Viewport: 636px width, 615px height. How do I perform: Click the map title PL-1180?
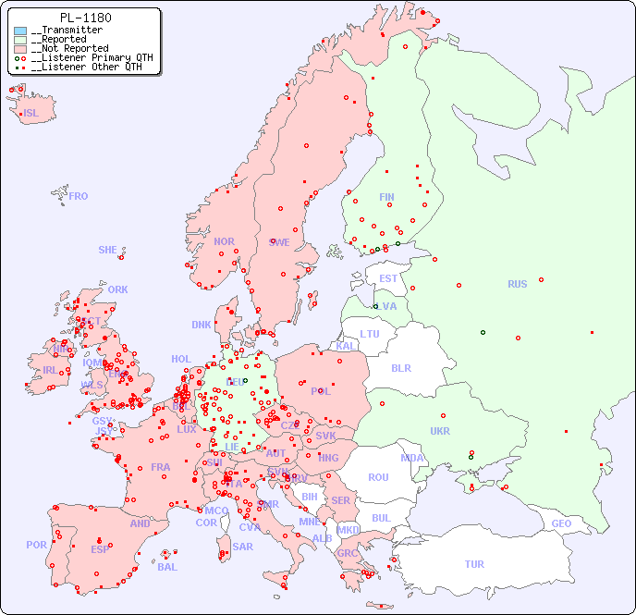[x=85, y=18]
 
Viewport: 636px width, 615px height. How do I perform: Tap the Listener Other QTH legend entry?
[x=86, y=67]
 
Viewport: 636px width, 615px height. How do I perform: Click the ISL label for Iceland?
[x=31, y=114]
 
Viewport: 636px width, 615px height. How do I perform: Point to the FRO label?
[x=79, y=196]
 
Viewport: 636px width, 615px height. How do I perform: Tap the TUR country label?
[x=474, y=564]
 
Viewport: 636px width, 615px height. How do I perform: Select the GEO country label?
[x=561, y=523]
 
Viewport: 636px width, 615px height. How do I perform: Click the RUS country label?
[x=517, y=284]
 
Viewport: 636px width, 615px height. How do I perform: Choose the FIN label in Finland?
[x=386, y=197]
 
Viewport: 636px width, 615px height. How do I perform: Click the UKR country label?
[x=440, y=431]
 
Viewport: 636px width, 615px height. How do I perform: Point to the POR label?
[x=36, y=545]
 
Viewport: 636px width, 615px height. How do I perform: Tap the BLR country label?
[x=401, y=368]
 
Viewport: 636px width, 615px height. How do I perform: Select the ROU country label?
[x=378, y=477]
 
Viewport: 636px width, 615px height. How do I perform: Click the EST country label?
[x=388, y=278]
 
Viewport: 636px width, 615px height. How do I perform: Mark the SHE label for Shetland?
[x=108, y=250]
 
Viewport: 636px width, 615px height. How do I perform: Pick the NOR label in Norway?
[x=224, y=241]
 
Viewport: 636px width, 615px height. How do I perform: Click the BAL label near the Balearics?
[x=166, y=567]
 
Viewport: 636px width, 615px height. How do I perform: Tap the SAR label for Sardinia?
[x=242, y=546]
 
